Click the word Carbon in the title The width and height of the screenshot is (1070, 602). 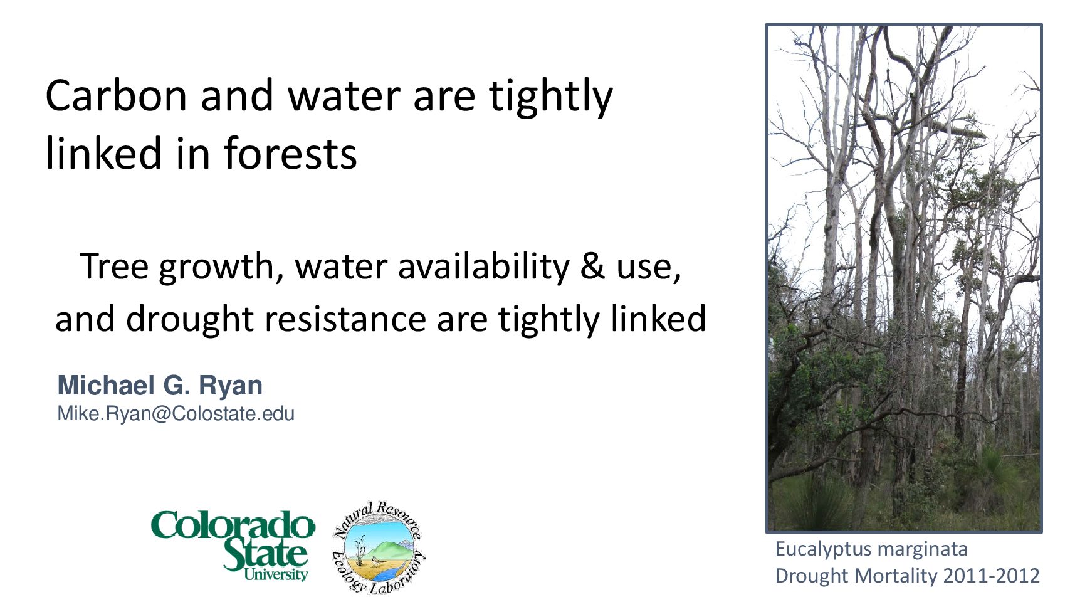tap(116, 95)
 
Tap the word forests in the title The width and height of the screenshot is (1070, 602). tap(290, 153)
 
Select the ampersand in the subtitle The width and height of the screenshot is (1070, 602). tap(592, 266)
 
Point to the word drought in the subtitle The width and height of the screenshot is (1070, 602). tap(190, 319)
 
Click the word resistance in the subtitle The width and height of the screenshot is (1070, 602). tap(345, 319)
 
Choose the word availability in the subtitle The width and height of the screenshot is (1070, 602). tap(483, 266)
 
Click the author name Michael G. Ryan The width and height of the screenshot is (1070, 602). tap(160, 385)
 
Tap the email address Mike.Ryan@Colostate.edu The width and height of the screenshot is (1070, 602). tap(176, 414)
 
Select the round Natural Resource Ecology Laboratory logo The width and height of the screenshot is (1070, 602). tap(378, 547)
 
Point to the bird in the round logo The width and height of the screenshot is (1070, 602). tap(377, 560)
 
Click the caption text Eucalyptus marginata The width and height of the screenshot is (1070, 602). tap(871, 549)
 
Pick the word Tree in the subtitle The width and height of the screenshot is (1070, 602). tap(114, 266)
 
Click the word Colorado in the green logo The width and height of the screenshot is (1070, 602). tap(233, 525)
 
